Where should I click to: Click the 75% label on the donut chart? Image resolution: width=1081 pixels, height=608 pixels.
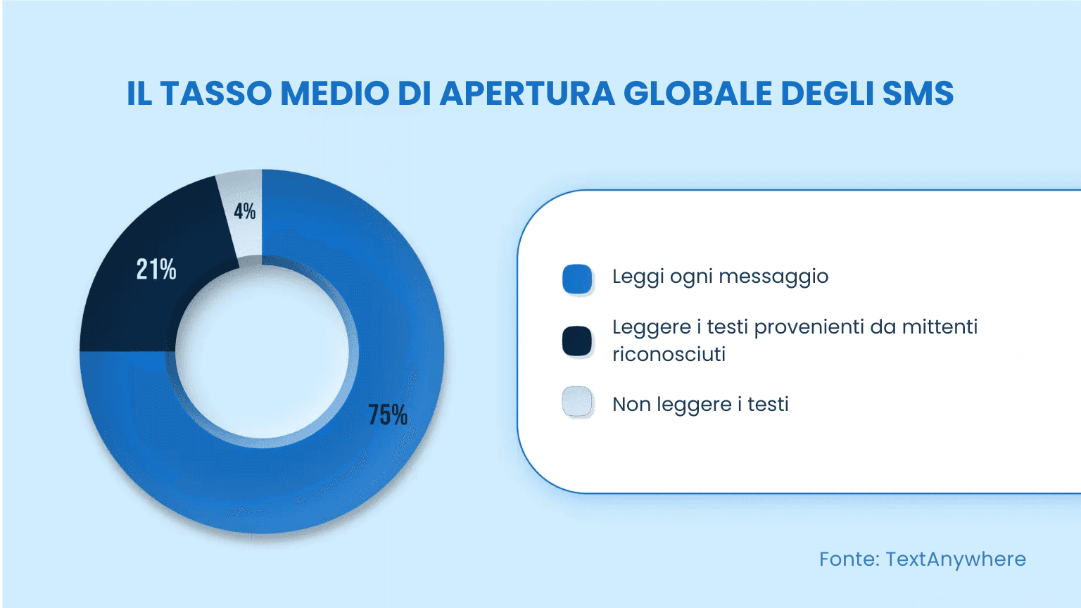coord(388,415)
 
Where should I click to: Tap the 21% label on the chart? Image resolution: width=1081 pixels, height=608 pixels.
coord(156,269)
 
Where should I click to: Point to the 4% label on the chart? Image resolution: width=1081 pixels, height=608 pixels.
coord(244,211)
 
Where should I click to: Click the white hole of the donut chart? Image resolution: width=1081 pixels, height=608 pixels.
coord(262,352)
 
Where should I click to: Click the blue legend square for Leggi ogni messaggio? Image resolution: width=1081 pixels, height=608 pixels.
coord(577,279)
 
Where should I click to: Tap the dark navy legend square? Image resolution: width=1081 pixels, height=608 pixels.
coord(577,341)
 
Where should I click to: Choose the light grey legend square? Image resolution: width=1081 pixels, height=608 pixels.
coord(577,402)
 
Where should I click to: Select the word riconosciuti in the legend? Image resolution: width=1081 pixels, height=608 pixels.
coord(669,354)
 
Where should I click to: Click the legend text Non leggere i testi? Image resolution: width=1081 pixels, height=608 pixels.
coord(700,405)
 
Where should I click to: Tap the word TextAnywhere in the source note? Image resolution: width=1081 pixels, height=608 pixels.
coord(956,559)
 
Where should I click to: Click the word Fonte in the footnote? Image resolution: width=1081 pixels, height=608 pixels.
coord(849,559)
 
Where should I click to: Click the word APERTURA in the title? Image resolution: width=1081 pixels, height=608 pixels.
coord(527,94)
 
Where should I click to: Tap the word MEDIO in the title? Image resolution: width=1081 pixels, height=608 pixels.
coord(334,94)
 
